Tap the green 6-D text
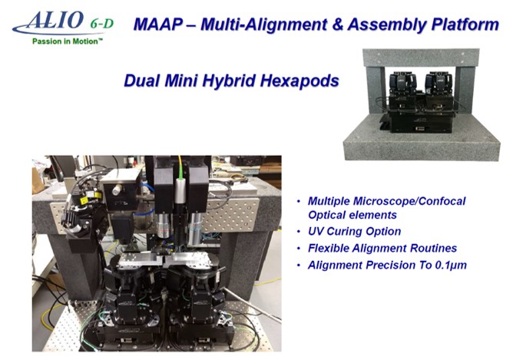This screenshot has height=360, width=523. (x=101, y=24)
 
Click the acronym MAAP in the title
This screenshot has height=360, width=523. (x=158, y=25)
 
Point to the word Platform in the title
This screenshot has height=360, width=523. (x=465, y=25)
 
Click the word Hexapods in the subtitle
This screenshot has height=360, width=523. (x=300, y=81)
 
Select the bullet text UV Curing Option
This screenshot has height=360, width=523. (x=354, y=231)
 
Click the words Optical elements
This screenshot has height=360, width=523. (x=353, y=215)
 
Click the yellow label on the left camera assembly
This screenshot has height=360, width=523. (x=84, y=200)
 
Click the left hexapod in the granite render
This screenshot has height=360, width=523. (x=403, y=89)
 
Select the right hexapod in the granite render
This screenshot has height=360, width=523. (x=438, y=89)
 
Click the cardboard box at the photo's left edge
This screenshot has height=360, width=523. (x=38, y=180)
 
